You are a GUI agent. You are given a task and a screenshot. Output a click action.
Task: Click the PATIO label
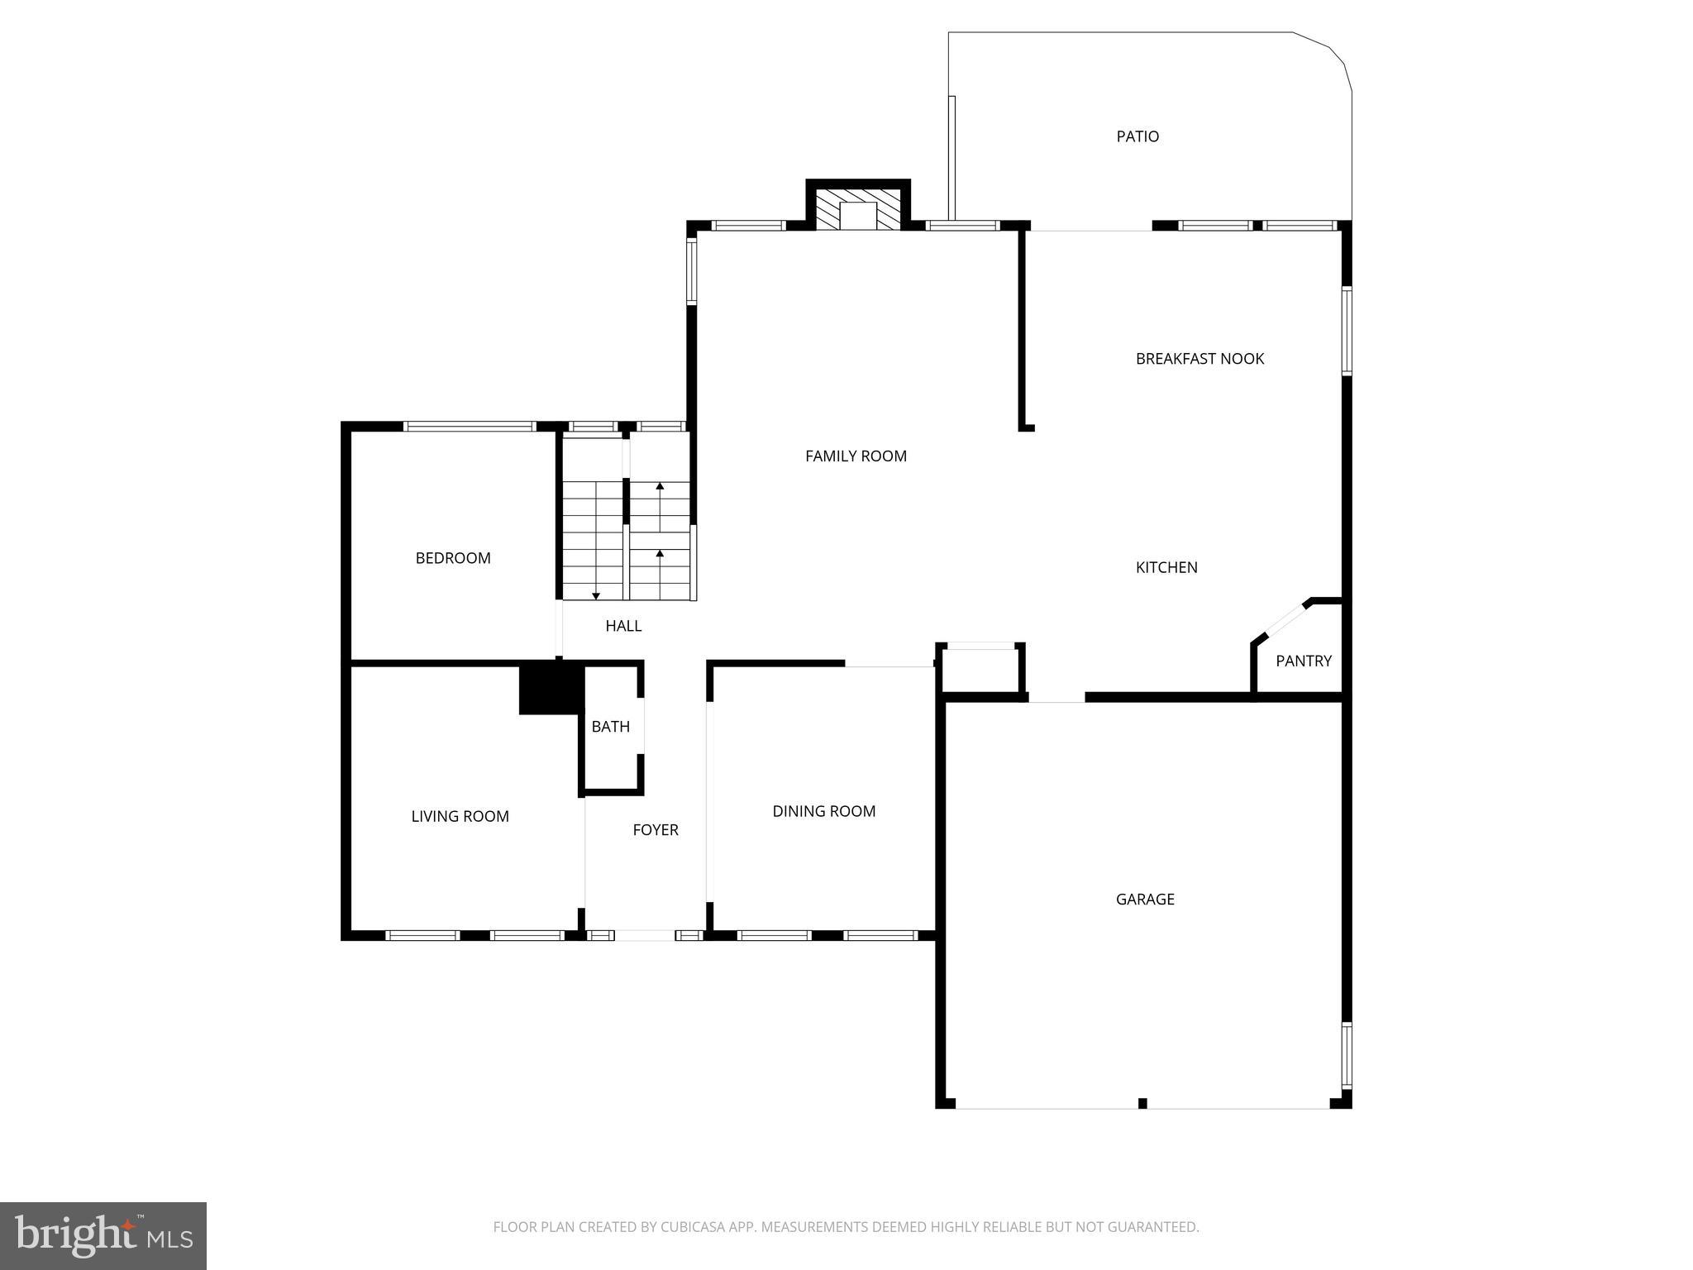pyautogui.click(x=1137, y=136)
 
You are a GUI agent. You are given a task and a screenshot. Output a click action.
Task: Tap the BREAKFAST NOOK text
pyautogui.click(x=1199, y=359)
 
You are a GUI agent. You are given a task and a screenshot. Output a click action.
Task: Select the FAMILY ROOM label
pyautogui.click(x=856, y=456)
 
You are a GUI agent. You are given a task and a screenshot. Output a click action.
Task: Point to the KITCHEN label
pyautogui.click(x=1166, y=567)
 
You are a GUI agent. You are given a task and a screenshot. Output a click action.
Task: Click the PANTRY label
pyautogui.click(x=1303, y=661)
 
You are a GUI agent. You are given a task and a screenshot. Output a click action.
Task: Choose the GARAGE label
pyautogui.click(x=1145, y=899)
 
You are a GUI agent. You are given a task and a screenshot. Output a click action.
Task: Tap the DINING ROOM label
pyautogui.click(x=823, y=811)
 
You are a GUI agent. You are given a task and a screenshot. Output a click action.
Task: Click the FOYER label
pyautogui.click(x=656, y=830)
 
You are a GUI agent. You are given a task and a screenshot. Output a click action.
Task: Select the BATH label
pyautogui.click(x=611, y=727)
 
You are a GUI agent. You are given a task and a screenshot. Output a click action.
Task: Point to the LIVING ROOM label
pyautogui.click(x=460, y=816)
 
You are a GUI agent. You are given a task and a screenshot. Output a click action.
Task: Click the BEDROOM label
pyautogui.click(x=453, y=558)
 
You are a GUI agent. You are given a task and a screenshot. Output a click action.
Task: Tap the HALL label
pyautogui.click(x=623, y=626)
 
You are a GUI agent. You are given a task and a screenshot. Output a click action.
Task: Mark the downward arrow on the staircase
pyautogui.click(x=596, y=595)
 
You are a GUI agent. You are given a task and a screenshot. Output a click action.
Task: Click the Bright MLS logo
pyautogui.click(x=103, y=1235)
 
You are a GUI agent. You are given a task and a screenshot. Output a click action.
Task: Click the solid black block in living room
pyautogui.click(x=551, y=689)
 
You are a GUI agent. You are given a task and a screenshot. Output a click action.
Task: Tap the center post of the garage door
pyautogui.click(x=1142, y=1103)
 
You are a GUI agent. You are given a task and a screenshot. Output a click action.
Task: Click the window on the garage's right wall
pyautogui.click(x=1347, y=1055)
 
